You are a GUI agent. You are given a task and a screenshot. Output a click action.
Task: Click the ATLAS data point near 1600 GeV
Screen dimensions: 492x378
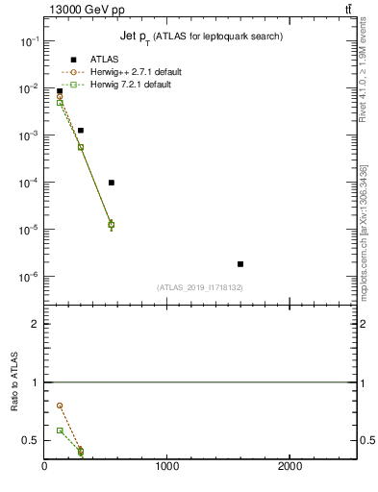click(x=240, y=263)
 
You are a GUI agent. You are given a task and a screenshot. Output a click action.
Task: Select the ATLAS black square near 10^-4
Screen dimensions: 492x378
click(x=112, y=183)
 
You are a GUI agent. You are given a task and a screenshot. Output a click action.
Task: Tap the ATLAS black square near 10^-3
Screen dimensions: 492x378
click(x=81, y=130)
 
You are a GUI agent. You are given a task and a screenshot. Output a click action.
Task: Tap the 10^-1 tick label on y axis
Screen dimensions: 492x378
click(x=29, y=41)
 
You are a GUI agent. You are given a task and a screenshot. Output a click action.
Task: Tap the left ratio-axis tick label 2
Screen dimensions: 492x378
click(x=34, y=324)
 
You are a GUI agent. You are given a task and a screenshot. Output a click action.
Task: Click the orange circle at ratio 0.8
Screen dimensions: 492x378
click(x=60, y=406)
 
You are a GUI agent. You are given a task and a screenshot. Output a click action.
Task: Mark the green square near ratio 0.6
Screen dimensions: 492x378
click(x=60, y=430)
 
